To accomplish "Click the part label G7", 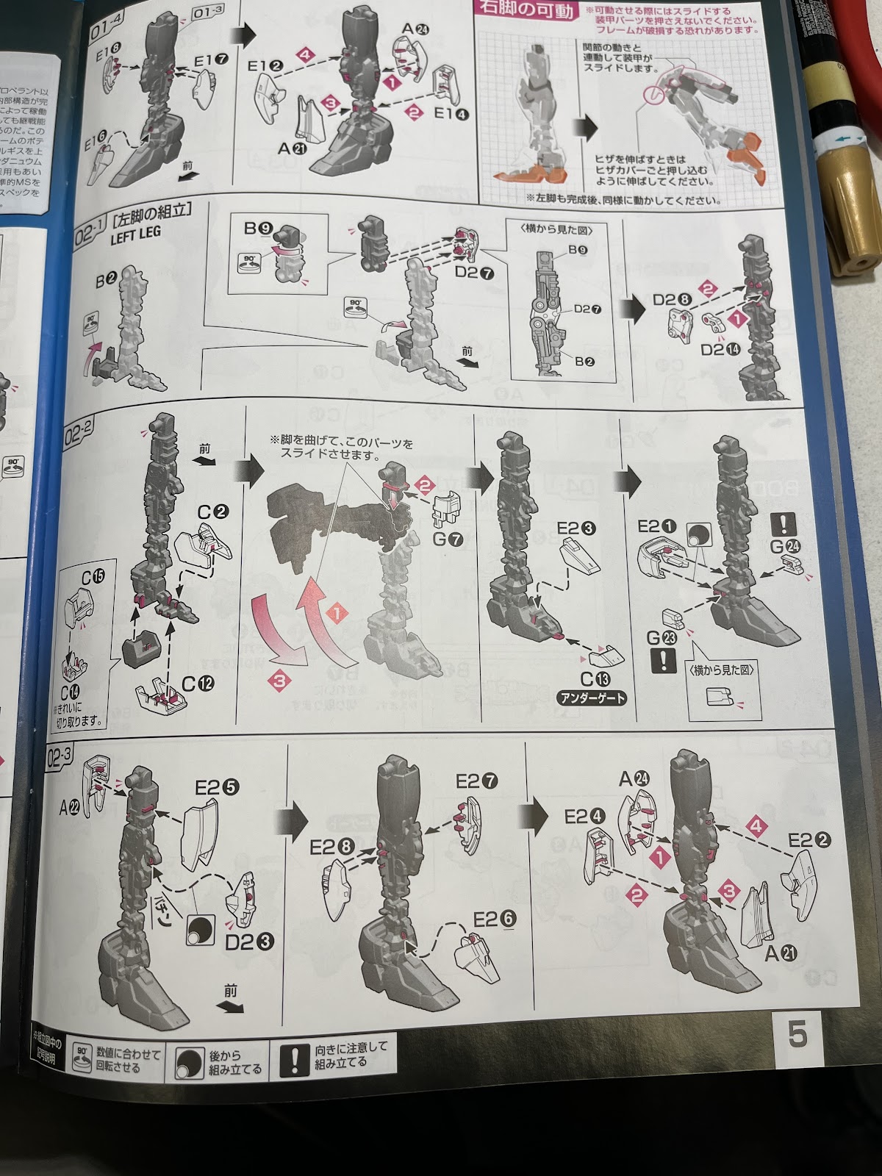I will pos(448,539).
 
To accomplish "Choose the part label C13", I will pos(595,679).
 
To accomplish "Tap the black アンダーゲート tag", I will pos(592,698).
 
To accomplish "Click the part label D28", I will pos(672,299).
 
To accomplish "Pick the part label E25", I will pos(217,787).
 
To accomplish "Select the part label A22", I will pos(70,807).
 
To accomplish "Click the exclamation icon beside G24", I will pos(784,524).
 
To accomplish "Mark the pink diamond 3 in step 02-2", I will pos(279,681).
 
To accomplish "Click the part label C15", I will pos(93,577).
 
